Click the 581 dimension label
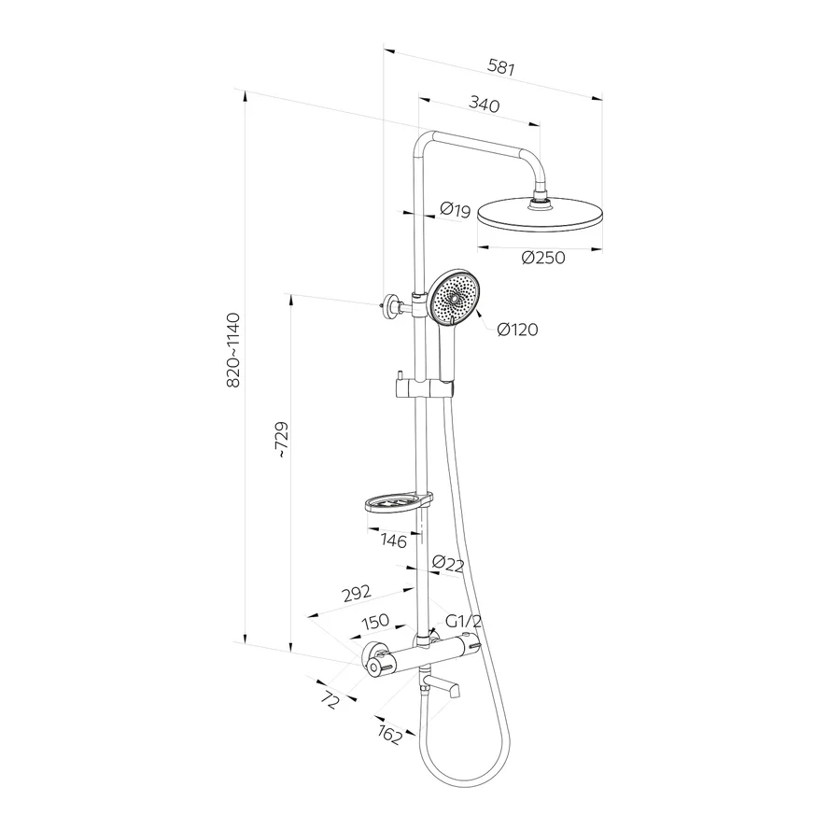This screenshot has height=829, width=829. pyautogui.click(x=500, y=67)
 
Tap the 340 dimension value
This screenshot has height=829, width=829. pyautogui.click(x=485, y=105)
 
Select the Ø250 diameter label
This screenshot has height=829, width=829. pyautogui.click(x=543, y=258)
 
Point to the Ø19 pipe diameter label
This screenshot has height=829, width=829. pyautogui.click(x=455, y=210)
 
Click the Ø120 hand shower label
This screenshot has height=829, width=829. pyautogui.click(x=517, y=330)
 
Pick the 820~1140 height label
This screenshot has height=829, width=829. pyautogui.click(x=233, y=350)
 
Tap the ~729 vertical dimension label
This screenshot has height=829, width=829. pyautogui.click(x=281, y=440)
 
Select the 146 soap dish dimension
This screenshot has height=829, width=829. pyautogui.click(x=394, y=541)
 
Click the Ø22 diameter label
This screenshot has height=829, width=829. pyautogui.click(x=448, y=564)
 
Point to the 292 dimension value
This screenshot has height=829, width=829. pyautogui.click(x=357, y=594)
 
